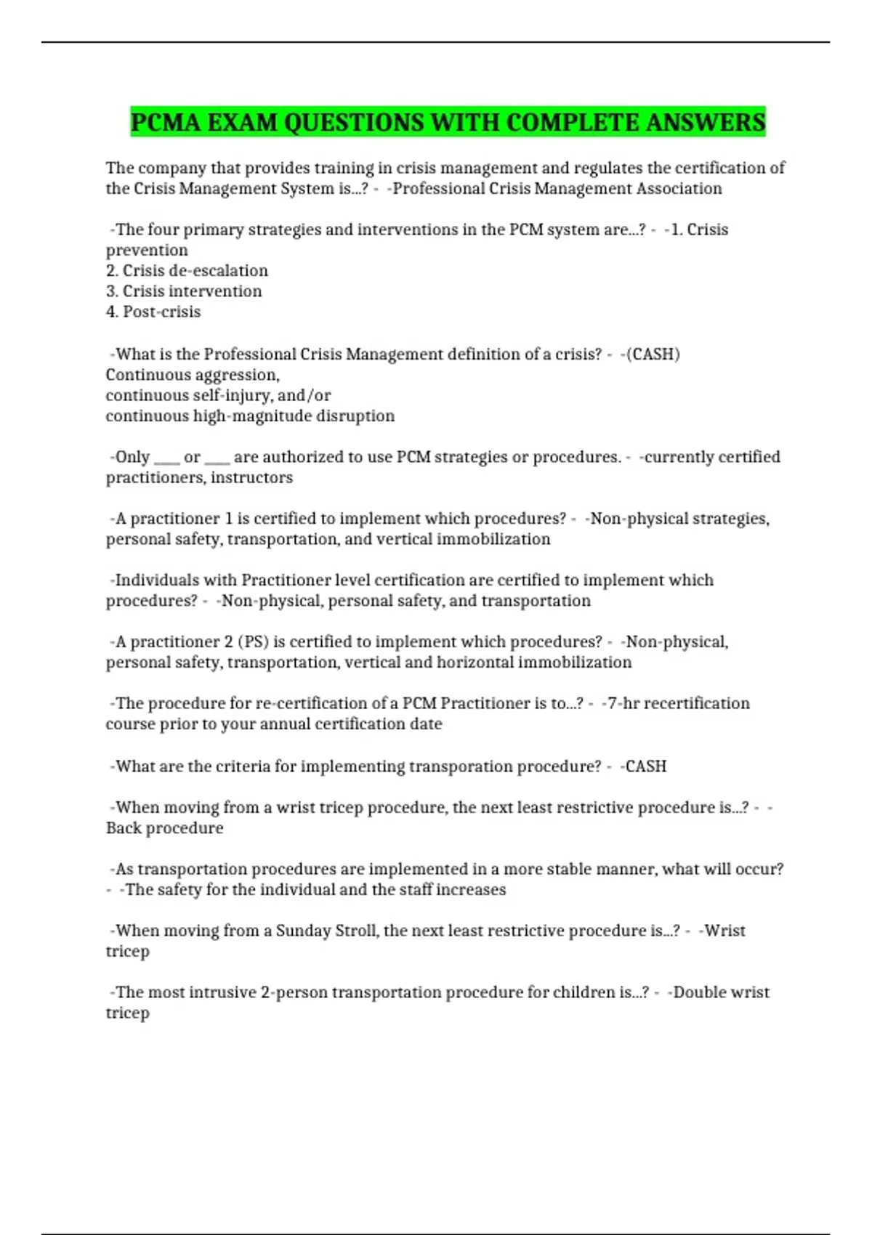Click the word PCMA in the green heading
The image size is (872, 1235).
tap(166, 122)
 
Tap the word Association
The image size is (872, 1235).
tap(680, 189)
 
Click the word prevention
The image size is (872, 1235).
tap(147, 251)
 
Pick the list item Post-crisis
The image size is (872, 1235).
tap(161, 312)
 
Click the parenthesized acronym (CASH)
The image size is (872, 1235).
tap(653, 355)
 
